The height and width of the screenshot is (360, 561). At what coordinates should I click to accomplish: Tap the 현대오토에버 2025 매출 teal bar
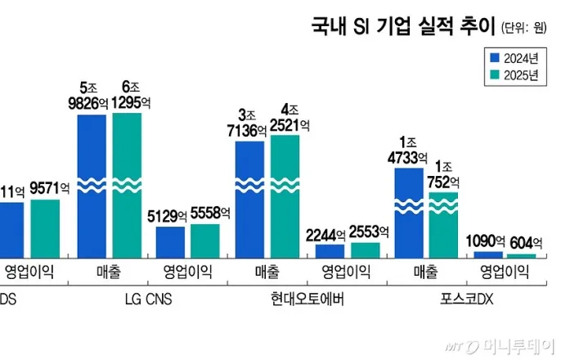click(x=285, y=196)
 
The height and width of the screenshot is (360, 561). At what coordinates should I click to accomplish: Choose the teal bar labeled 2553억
click(x=365, y=250)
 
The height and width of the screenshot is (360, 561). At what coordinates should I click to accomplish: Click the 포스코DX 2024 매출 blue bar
click(x=409, y=213)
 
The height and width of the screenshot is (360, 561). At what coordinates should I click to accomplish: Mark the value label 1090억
click(x=488, y=242)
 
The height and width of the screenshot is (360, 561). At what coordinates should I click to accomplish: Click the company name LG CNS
click(x=146, y=299)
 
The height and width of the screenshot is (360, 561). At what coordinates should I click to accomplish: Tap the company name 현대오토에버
click(x=305, y=299)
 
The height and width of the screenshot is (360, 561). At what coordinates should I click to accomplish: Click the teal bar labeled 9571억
click(x=45, y=229)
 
